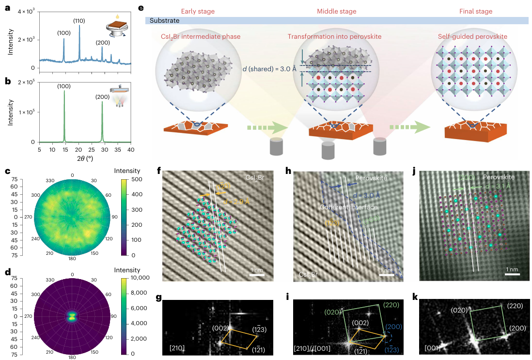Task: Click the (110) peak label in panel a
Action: point(79,21)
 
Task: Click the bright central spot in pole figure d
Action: point(72,316)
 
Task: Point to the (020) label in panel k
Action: point(460,310)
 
